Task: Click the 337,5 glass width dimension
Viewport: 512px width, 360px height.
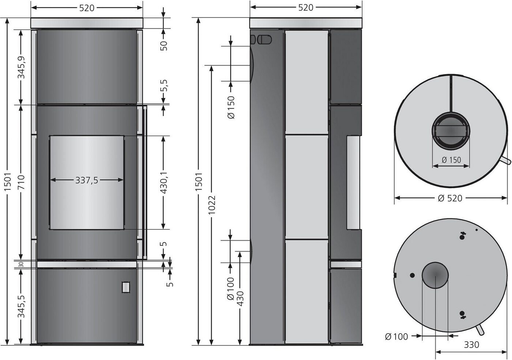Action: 87,180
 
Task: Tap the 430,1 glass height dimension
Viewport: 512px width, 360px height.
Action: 164,183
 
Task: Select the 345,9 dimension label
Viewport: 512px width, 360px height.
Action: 22,67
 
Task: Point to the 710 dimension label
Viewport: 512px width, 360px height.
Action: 21,182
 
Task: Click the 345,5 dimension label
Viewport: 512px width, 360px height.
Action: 22,307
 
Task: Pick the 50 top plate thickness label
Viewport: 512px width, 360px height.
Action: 164,46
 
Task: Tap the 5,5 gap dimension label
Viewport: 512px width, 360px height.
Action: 164,85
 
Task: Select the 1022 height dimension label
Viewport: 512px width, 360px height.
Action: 212,205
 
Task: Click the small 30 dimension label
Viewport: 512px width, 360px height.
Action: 21,265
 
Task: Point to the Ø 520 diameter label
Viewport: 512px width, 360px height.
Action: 450,198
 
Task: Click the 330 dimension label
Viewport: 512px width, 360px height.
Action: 471,345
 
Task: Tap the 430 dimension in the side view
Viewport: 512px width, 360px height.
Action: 240,299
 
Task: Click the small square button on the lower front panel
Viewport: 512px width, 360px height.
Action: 125,287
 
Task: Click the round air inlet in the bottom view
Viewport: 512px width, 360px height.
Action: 435,275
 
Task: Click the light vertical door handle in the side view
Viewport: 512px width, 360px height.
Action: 353,183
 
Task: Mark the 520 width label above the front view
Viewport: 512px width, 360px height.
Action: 87,8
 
